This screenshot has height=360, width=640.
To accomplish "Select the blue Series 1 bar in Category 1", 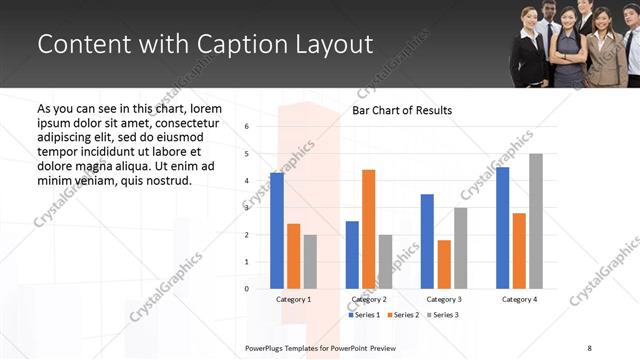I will point(277,231).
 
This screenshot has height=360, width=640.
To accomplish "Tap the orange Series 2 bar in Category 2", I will point(369,229).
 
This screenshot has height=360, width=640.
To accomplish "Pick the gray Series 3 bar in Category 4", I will point(536,221).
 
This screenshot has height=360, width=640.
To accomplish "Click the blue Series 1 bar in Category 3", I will point(427,241).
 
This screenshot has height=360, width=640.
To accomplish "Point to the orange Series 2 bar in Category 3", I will point(444,264).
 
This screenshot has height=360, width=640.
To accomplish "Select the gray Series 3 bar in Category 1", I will point(310,262).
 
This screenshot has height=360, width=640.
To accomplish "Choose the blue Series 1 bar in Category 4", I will point(502,228).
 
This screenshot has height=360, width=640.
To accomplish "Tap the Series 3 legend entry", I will point(443,315).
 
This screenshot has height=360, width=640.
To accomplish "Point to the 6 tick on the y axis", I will point(247,127).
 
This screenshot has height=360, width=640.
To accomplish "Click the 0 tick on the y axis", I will point(247,289).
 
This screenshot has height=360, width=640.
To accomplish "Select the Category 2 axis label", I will point(369,299).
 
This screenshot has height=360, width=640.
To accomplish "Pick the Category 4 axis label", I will point(519,299).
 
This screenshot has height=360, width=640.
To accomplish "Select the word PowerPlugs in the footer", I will point(269,347).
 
